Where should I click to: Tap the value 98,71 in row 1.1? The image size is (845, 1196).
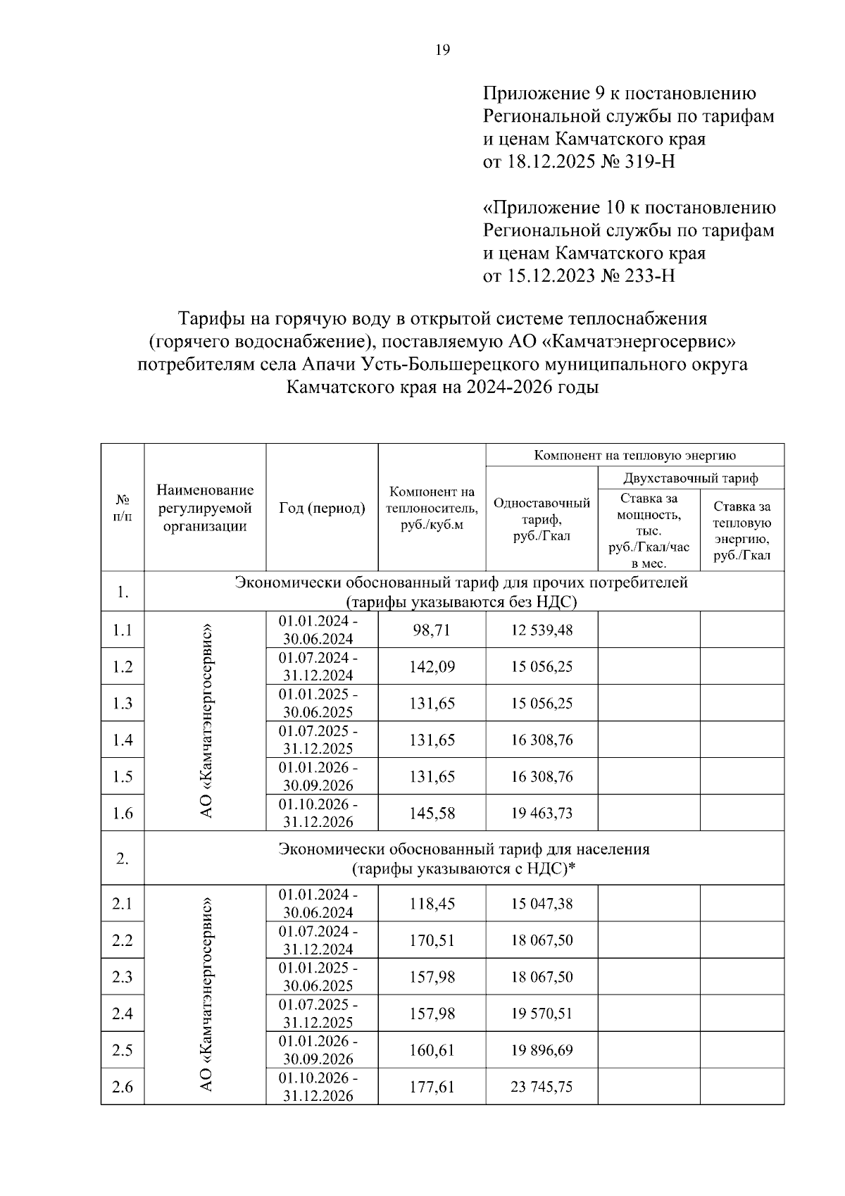432,630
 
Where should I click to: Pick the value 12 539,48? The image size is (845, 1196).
542,630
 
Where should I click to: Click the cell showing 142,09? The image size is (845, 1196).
432,666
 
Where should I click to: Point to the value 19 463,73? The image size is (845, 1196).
542,813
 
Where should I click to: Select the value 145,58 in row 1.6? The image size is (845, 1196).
432,813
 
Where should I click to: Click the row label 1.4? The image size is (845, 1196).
123,740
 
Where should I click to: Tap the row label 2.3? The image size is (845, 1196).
123,977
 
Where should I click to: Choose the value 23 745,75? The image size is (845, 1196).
542,1087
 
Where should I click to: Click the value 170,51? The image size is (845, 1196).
432,940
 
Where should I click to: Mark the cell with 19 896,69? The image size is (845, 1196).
542,1050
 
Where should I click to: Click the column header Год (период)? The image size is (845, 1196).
322,508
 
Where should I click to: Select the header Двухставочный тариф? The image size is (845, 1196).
690,478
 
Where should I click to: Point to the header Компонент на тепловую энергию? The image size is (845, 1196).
634,455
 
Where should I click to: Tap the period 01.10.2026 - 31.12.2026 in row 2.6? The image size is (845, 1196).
318,1086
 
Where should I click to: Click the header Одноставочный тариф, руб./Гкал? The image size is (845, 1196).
542,519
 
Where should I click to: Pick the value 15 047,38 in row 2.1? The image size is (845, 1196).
542,904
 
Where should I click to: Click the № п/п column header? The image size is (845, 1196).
123,508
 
